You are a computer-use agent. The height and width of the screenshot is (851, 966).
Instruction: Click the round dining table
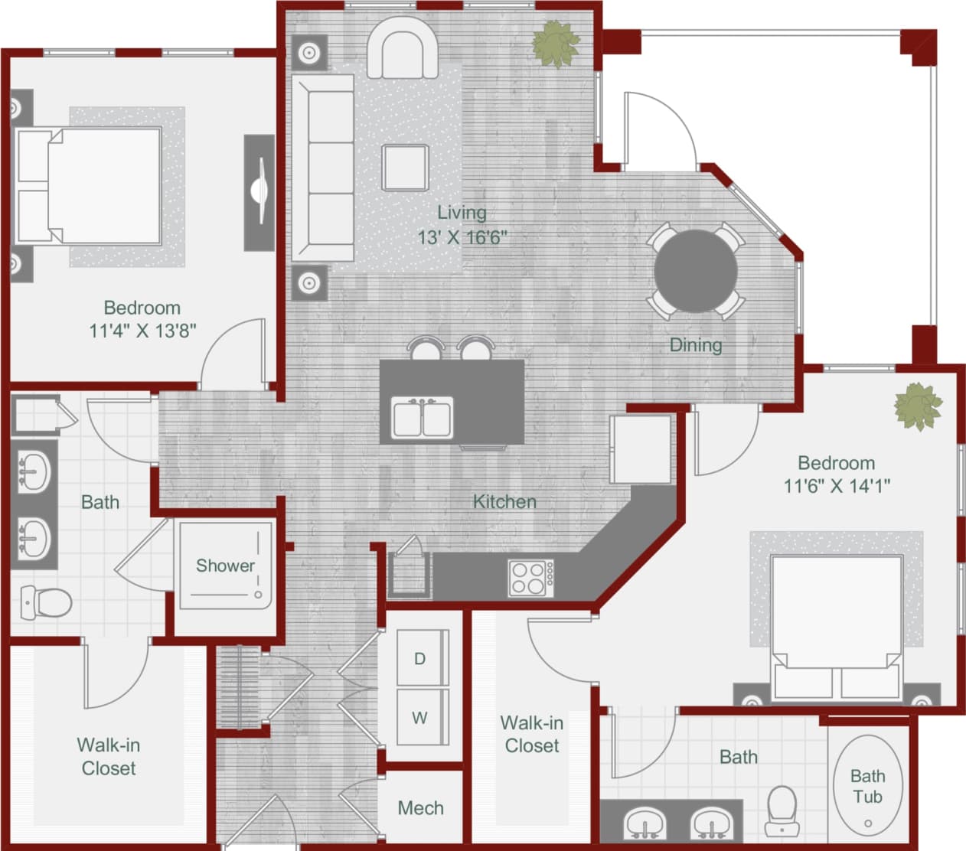695,271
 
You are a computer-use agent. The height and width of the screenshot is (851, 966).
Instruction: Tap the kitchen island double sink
422,418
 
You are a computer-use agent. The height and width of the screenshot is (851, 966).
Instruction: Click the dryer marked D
420,658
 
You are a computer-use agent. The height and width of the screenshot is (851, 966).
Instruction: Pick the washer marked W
420,718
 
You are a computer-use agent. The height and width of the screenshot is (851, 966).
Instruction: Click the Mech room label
420,808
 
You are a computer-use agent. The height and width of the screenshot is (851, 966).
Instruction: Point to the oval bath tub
867,787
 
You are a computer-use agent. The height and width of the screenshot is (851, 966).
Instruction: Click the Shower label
225,566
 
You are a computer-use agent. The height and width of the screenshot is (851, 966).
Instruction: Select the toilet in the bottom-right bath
782,810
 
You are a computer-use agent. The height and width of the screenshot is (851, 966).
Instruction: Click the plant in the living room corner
556,44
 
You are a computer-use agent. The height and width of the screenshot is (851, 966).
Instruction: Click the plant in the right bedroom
918,406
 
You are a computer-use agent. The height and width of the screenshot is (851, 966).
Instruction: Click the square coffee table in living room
405,168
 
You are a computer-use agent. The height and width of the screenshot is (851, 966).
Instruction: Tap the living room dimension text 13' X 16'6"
462,237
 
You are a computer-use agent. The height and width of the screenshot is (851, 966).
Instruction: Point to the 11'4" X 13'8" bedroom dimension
142,331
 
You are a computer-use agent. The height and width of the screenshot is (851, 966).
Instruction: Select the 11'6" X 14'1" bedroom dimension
836,486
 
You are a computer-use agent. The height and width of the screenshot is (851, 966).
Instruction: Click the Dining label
695,345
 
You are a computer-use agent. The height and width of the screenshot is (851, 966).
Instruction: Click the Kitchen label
504,502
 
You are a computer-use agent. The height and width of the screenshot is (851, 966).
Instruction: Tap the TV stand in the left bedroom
259,192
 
